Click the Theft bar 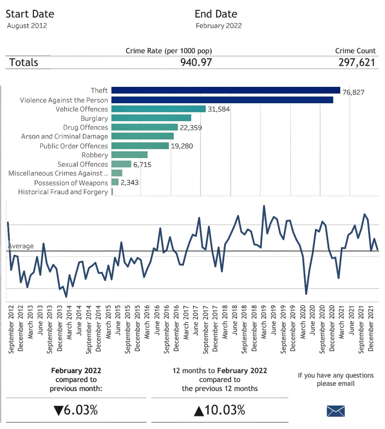226,91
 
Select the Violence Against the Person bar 222,100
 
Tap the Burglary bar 151,118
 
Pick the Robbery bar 130,155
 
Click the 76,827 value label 354,93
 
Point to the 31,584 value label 219,109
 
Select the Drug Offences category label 86,127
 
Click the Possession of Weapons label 71,183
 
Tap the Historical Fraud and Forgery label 63,192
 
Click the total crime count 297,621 357,62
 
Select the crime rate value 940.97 196,62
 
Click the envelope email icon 336,411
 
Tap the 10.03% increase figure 220,410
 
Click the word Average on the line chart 21,246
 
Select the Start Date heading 30,14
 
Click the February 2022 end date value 219,26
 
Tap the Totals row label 23,62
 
